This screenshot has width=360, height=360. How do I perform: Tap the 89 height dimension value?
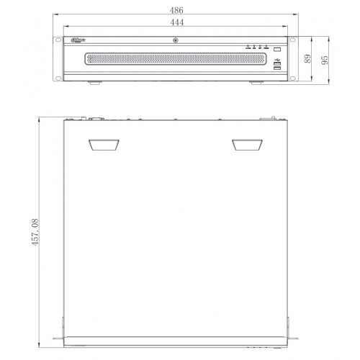pyautogui.click(x=307, y=60)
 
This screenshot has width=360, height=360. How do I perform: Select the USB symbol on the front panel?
pyautogui.click(x=276, y=58)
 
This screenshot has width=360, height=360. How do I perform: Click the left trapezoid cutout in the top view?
pyautogui.click(x=104, y=145)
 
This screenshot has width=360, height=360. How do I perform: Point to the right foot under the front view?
pyautogui.click(x=256, y=84)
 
